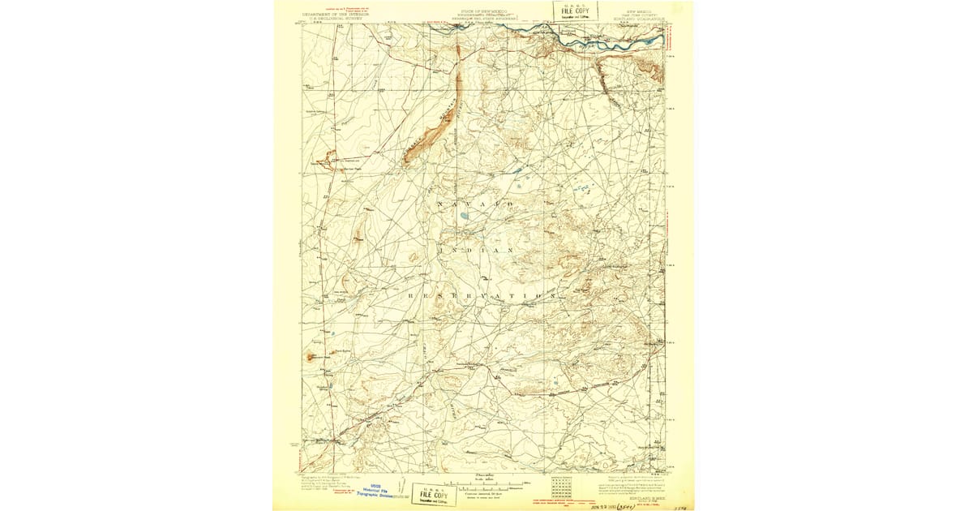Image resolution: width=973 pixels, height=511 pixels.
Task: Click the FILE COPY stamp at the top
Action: tap(575, 11)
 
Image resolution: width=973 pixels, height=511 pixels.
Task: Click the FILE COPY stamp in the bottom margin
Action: tap(433, 493)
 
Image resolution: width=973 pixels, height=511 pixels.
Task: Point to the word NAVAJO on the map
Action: tap(474, 204)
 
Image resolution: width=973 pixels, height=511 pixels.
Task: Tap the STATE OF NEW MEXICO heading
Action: tap(482, 11)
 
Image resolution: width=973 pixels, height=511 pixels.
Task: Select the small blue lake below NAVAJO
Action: tap(462, 217)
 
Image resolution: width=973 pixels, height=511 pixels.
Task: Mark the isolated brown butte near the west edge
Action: tap(310, 355)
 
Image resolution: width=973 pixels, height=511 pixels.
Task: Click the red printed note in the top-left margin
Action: tap(318, 9)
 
